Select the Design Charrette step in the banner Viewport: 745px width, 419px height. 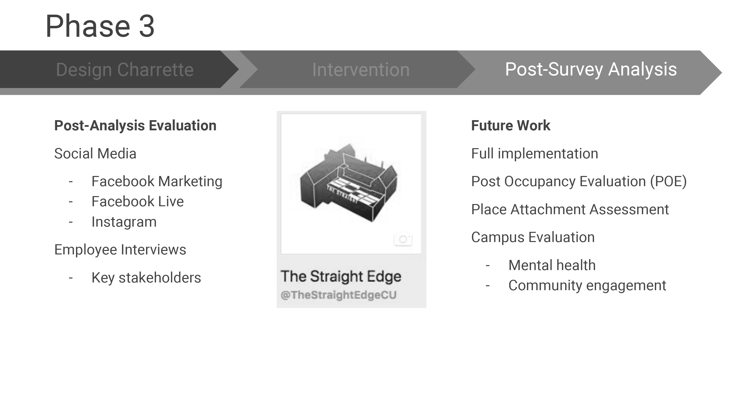click(125, 70)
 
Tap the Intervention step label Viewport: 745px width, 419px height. click(361, 70)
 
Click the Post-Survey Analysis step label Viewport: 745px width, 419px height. click(591, 70)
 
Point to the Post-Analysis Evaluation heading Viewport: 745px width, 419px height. click(135, 126)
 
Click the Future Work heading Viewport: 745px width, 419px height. click(511, 126)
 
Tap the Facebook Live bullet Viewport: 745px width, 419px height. click(137, 201)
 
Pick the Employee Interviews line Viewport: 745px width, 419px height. click(120, 249)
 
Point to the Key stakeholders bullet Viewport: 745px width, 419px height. click(146, 278)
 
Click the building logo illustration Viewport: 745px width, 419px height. click(349, 183)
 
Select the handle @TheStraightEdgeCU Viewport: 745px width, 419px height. click(338, 295)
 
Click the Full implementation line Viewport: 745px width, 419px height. click(534, 154)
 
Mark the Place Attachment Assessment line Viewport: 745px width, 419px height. click(570, 209)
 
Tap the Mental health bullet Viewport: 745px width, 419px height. click(552, 265)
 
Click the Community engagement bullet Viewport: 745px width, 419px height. click(587, 286)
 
